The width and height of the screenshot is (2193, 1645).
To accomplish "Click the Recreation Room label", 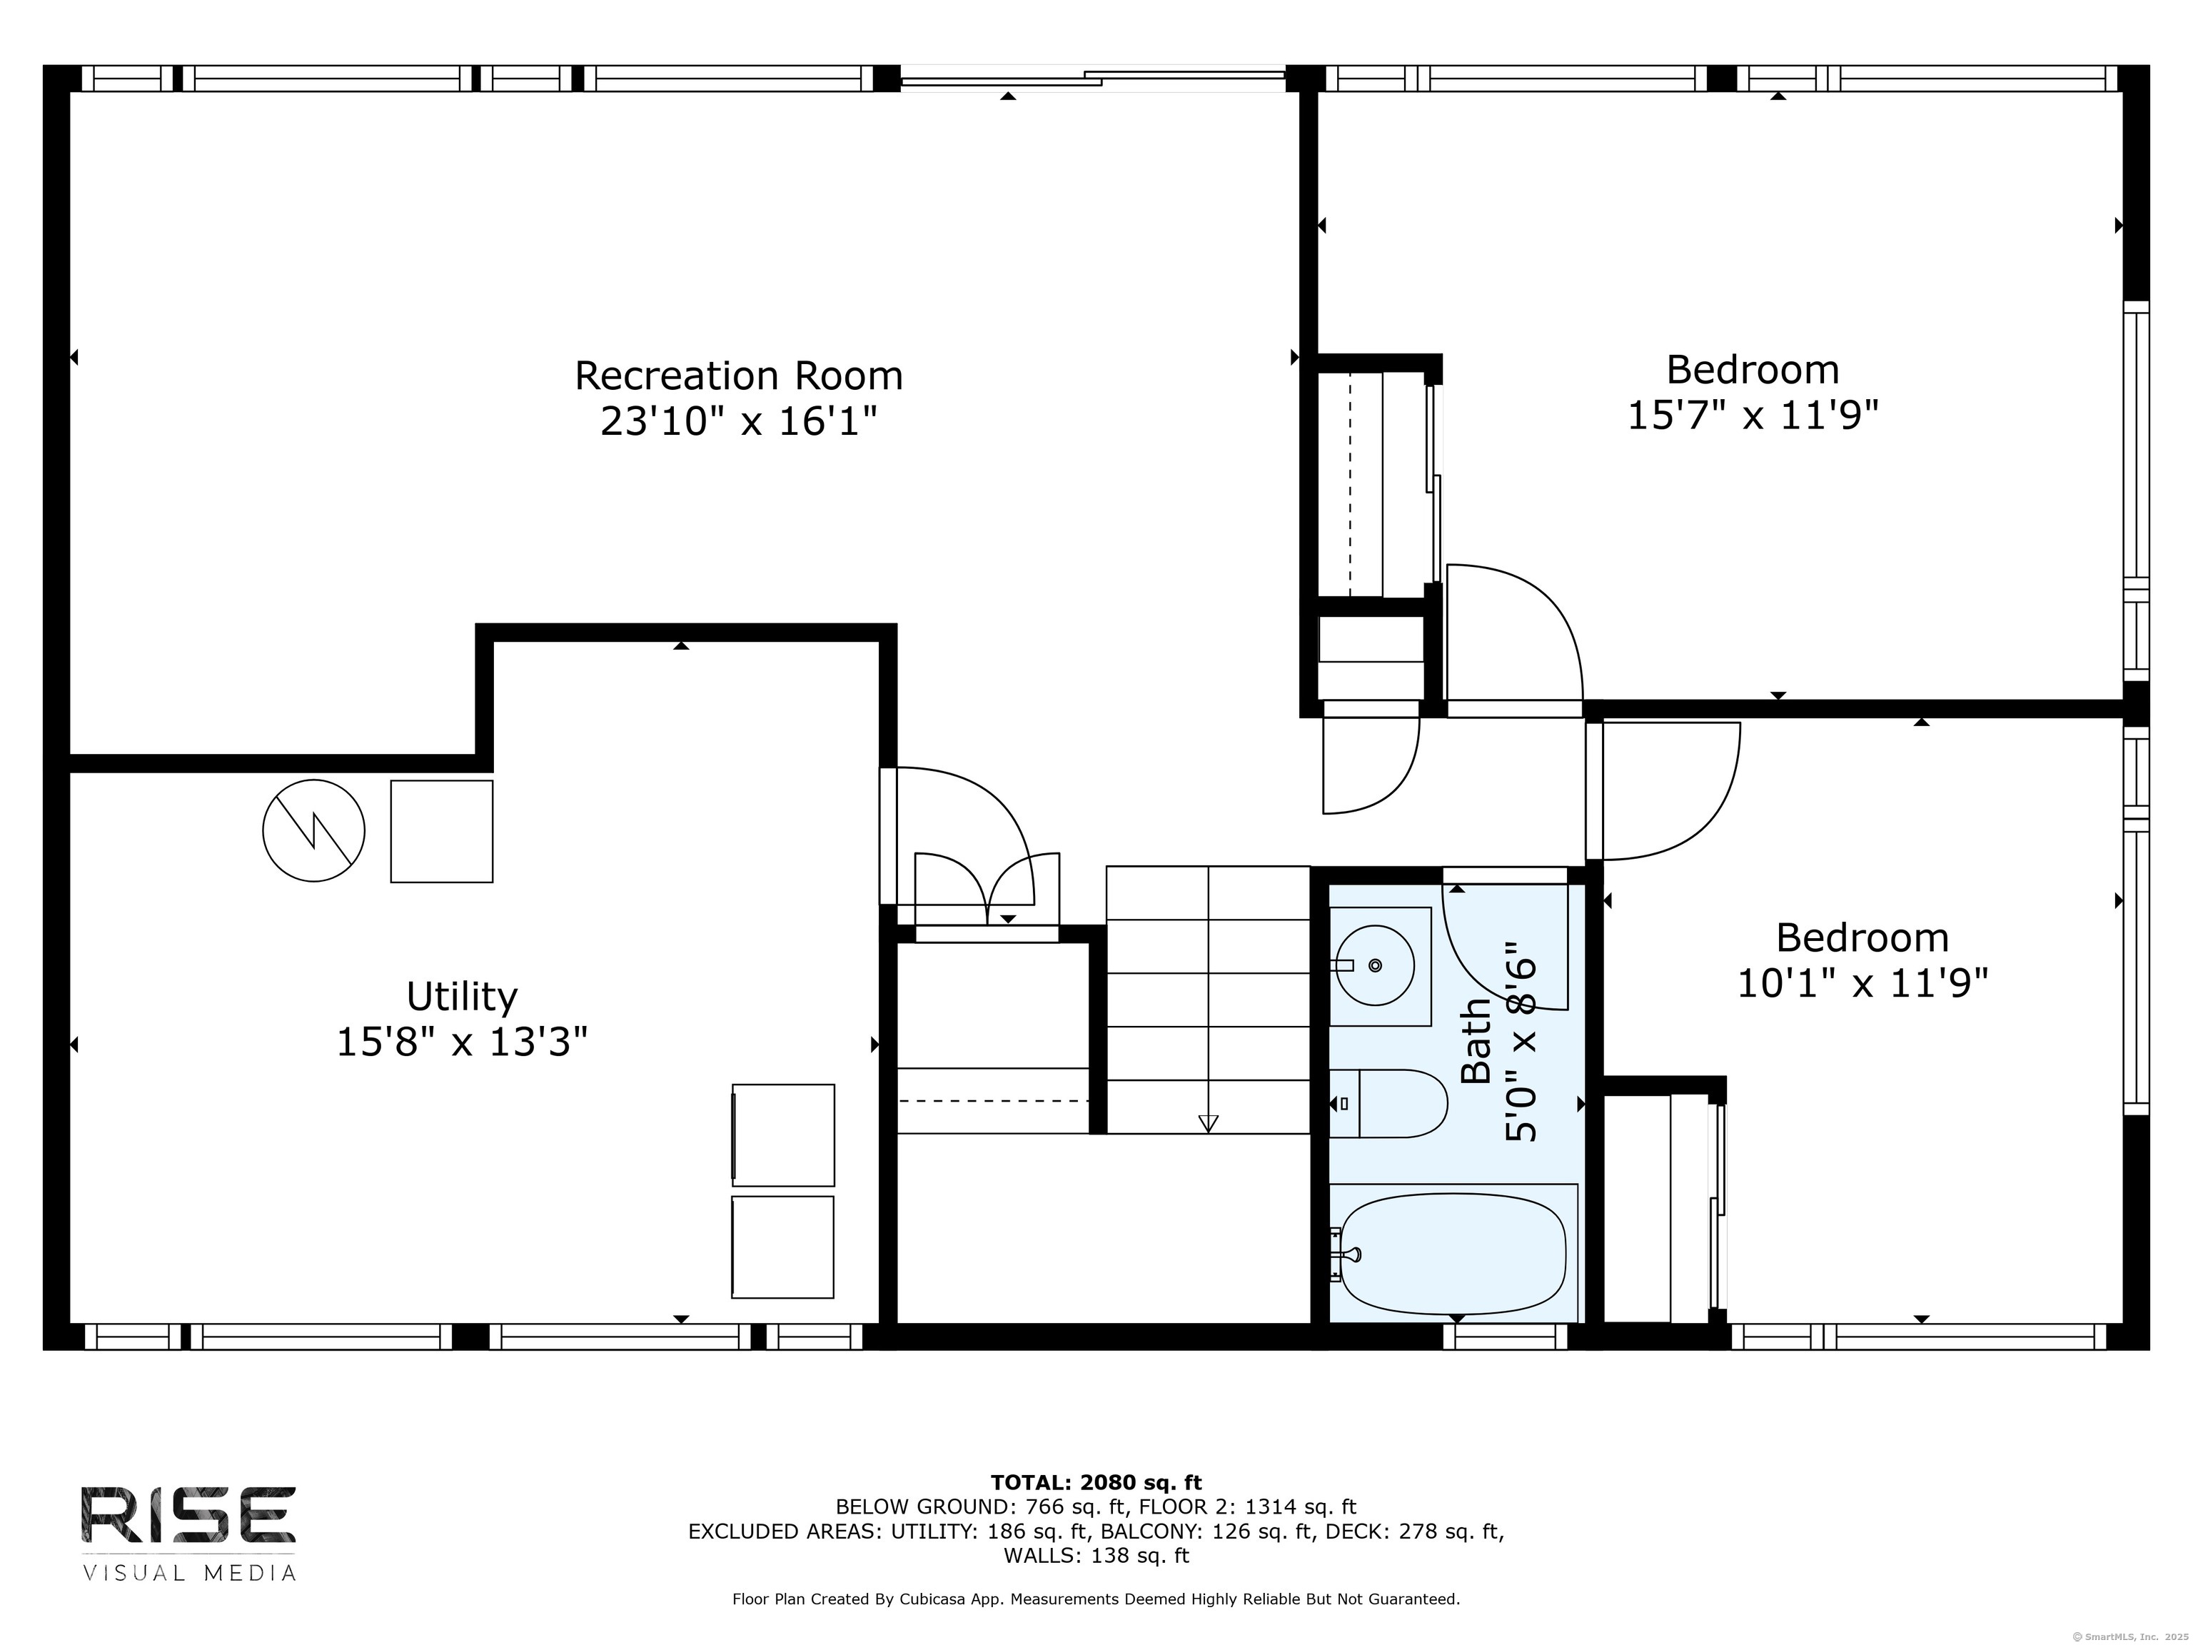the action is pyautogui.click(x=739, y=376).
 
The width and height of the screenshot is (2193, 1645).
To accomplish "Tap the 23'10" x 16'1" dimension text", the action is pyautogui.click(x=739, y=423).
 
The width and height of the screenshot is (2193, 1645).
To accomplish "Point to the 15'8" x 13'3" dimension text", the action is pyautogui.click(x=462, y=1042).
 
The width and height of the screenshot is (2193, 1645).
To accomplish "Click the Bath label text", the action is pyautogui.click(x=1476, y=1041).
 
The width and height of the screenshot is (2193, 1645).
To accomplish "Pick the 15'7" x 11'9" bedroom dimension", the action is pyautogui.click(x=1753, y=416).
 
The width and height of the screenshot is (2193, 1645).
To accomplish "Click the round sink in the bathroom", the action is pyautogui.click(x=1374, y=965).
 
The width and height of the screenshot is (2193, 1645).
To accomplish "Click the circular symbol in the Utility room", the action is pyautogui.click(x=313, y=830).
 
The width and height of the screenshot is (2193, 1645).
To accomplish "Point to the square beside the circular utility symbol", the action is pyautogui.click(x=441, y=831).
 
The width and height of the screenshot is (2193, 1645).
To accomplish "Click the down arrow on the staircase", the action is pyautogui.click(x=1208, y=1122).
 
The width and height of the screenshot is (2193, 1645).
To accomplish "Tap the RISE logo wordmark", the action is pyautogui.click(x=187, y=1514).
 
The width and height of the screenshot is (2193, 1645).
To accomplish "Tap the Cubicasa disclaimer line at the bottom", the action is pyautogui.click(x=1096, y=1599).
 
